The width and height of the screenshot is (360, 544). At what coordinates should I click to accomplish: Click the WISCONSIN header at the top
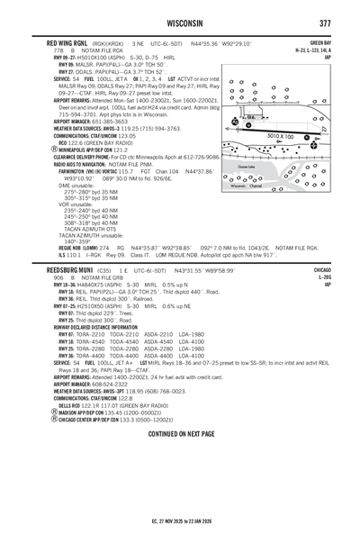180,23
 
